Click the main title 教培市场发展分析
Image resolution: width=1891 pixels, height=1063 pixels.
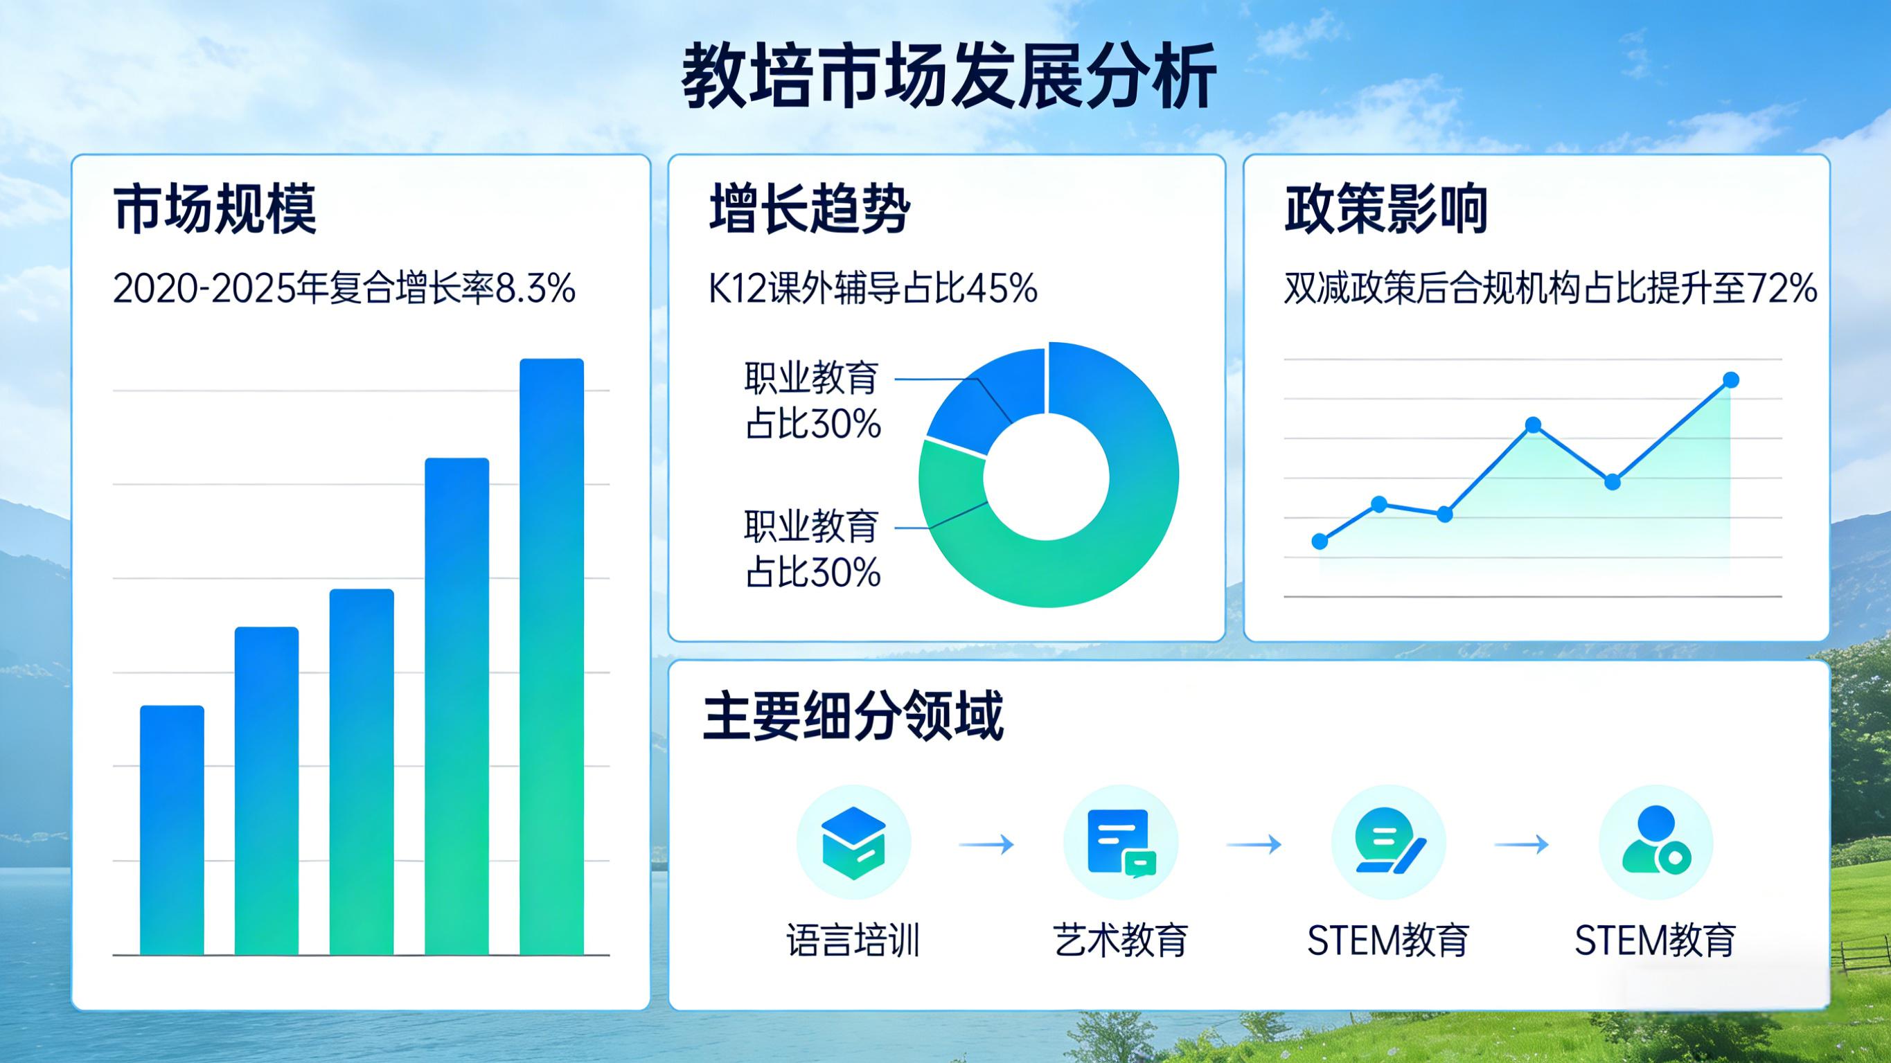(x=949, y=76)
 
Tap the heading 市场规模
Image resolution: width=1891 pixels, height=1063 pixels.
(x=215, y=209)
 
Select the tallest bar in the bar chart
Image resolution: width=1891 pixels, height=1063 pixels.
(x=552, y=656)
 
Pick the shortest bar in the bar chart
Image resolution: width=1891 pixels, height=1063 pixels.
(x=172, y=830)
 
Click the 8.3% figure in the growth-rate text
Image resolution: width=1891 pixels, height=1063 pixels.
(x=535, y=289)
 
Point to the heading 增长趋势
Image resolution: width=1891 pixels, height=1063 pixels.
(x=810, y=209)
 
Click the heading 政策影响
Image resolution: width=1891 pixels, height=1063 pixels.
(x=1386, y=209)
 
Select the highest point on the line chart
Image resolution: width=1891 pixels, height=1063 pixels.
(x=1731, y=379)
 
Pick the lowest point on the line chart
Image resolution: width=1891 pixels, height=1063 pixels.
(x=1320, y=542)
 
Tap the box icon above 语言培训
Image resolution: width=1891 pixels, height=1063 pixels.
(x=853, y=843)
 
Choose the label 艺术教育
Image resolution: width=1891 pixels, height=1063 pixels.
(x=1120, y=940)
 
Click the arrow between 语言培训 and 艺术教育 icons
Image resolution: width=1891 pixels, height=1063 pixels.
(x=986, y=844)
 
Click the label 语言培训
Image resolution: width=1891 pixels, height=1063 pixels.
(x=853, y=940)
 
